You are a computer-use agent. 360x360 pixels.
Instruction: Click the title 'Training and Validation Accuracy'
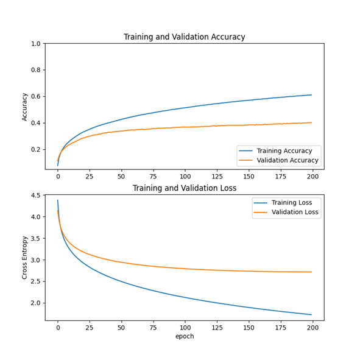coord(184,37)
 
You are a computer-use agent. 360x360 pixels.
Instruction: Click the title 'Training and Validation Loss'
coord(184,188)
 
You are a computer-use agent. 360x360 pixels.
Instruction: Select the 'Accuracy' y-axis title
coord(25,107)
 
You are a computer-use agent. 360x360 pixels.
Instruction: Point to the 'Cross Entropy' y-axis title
coord(25,258)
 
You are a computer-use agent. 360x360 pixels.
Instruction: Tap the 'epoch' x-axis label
coord(184,336)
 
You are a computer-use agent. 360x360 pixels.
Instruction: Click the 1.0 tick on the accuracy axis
coord(36,44)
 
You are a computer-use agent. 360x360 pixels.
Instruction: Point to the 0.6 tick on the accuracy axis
coord(36,97)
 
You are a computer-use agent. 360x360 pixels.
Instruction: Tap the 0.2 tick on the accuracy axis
coord(36,150)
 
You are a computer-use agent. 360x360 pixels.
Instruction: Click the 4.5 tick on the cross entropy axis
coord(36,196)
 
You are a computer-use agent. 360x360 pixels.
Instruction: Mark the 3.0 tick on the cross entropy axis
coord(36,260)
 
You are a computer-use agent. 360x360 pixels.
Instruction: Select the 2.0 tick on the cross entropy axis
coord(36,303)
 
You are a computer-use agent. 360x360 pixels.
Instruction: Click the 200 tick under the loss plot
coord(311,327)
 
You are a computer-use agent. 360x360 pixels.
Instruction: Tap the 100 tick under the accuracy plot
coord(185,176)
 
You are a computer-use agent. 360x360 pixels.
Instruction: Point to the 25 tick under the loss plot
coord(90,327)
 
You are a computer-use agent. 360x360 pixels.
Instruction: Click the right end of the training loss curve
coord(311,314)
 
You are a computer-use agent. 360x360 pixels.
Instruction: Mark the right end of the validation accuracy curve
coord(311,122)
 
